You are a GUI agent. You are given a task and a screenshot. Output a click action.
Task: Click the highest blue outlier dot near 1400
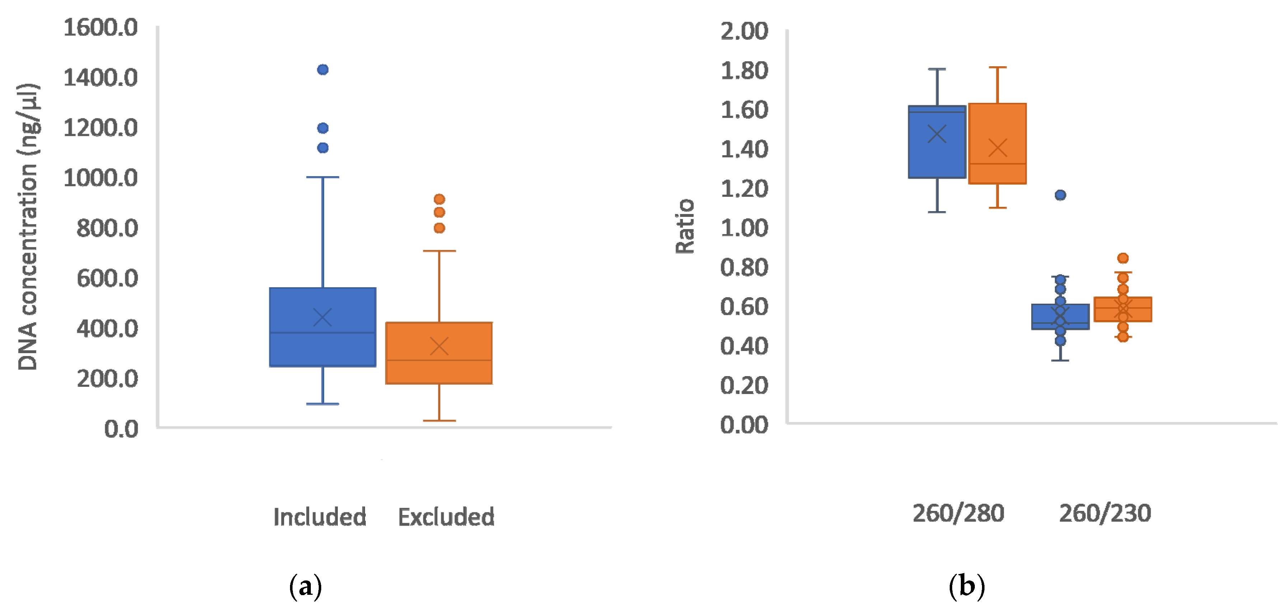tap(323, 69)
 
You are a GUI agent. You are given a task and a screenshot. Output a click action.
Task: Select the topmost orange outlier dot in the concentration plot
tap(439, 199)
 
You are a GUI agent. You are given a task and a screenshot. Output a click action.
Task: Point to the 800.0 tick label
tap(107, 228)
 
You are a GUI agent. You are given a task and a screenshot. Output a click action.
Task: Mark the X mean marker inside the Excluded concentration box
tap(439, 346)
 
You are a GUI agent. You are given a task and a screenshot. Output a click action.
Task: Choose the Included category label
tap(319, 517)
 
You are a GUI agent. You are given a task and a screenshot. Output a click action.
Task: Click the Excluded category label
tap(446, 517)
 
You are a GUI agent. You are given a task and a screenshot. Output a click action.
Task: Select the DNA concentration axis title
tap(28, 227)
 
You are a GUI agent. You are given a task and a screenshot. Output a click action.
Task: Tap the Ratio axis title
tap(685, 227)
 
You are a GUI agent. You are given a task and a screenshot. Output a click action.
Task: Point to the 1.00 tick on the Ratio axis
tap(744, 228)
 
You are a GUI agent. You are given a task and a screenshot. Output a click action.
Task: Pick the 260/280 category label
tap(958, 513)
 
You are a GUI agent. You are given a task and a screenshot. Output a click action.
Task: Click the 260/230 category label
tap(1105, 513)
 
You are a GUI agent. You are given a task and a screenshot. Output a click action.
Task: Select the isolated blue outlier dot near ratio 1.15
tap(1060, 195)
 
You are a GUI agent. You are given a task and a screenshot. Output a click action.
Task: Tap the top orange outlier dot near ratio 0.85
tap(1122, 258)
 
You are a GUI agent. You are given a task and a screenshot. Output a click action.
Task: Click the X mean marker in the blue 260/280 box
tap(936, 134)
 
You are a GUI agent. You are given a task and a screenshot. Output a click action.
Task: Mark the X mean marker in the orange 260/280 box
tap(997, 148)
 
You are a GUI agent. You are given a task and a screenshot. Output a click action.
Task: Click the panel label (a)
tap(305, 586)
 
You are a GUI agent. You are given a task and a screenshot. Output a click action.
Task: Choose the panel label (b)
tap(967, 586)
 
